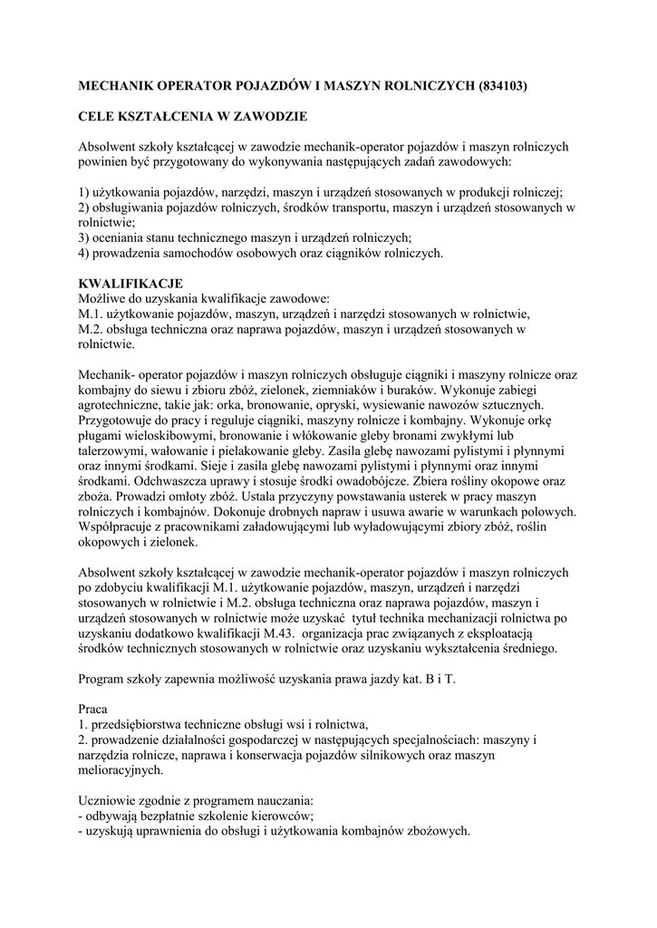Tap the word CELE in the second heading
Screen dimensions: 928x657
[x=99, y=116]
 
